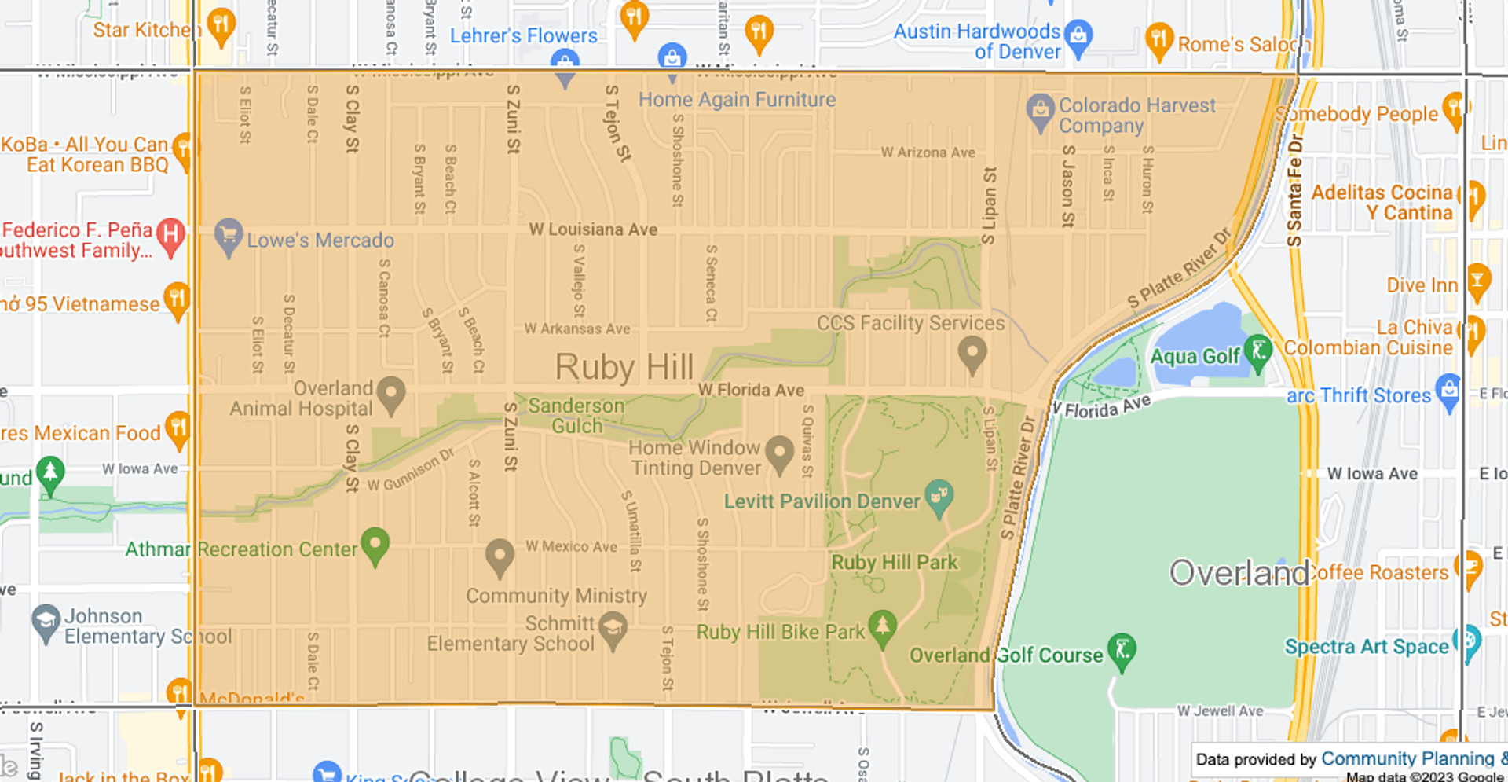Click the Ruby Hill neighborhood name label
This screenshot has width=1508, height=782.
tap(624, 367)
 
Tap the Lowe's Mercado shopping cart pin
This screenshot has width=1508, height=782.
tap(229, 236)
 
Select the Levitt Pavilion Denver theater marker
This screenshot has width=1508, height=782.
tap(939, 497)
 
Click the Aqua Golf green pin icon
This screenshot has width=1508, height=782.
tap(1258, 351)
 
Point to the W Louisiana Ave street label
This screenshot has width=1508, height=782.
tap(593, 229)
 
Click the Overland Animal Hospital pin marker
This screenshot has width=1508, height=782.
tap(391, 393)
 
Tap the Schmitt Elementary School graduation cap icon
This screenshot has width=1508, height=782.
tap(613, 629)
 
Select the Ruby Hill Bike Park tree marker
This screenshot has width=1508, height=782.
tap(882, 626)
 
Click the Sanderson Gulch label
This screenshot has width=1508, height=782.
tap(576, 416)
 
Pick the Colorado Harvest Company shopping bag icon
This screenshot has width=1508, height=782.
tap(1040, 111)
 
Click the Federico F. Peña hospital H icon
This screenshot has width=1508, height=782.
tap(170, 235)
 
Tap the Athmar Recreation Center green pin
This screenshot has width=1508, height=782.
tap(375, 544)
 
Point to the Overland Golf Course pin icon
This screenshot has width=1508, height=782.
tap(1122, 651)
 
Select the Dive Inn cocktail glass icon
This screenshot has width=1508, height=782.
tap(1477, 281)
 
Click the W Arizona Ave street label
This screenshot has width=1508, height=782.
tap(928, 152)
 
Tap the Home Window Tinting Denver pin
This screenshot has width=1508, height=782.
tap(779, 453)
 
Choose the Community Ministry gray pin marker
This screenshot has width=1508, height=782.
tap(500, 555)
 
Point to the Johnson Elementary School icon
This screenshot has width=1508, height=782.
tap(46, 622)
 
